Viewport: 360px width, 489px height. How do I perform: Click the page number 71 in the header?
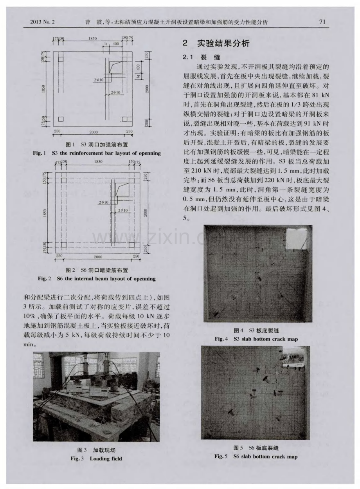(322, 22)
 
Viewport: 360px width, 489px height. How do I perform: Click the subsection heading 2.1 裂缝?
(198, 57)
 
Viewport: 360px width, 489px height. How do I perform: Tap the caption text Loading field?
(106, 458)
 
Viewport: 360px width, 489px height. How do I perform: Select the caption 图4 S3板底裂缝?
(256, 330)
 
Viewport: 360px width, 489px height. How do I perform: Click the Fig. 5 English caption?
(256, 457)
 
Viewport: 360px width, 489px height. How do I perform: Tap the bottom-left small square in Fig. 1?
(61, 119)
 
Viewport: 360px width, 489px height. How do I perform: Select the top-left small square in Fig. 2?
(64, 180)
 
